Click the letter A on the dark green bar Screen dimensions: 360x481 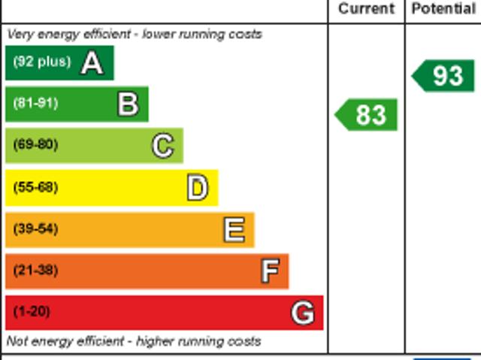click(x=92, y=63)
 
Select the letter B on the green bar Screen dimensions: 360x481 click(x=128, y=104)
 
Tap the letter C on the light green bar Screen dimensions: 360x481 click(x=162, y=145)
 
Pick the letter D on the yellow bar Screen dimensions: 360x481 click(x=197, y=188)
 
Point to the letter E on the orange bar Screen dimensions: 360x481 click(x=234, y=230)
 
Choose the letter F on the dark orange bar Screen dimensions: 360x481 click(x=269, y=271)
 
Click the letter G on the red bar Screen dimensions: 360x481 click(x=303, y=312)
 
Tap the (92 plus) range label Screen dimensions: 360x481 click(x=41, y=62)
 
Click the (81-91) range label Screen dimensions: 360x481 click(x=35, y=104)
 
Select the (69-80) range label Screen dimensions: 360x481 click(x=35, y=145)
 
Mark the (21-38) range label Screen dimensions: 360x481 click(x=35, y=271)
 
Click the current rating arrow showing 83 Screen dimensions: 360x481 click(x=366, y=115)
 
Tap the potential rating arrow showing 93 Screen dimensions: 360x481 click(x=443, y=76)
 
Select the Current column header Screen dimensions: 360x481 click(x=366, y=9)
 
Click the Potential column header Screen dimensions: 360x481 click(x=443, y=9)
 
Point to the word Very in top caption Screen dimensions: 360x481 click(x=20, y=35)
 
